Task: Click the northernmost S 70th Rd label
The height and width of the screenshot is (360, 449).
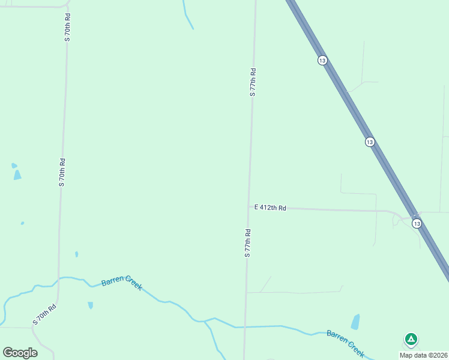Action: [x=68, y=27]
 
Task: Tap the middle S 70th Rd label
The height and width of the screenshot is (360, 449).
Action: [x=62, y=172]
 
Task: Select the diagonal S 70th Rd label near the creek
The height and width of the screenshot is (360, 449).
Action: [x=44, y=314]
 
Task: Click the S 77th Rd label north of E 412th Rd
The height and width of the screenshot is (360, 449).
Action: [x=253, y=82]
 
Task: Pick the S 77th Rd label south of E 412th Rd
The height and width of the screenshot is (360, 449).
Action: [x=247, y=243]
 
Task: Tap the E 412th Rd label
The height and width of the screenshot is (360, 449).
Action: [x=270, y=208]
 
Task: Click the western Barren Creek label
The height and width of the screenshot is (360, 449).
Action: [x=122, y=284]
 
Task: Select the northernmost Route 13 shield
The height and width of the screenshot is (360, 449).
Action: [x=322, y=61]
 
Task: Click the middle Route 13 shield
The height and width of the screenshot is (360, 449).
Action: [x=370, y=142]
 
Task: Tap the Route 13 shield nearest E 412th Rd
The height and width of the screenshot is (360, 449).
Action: [x=417, y=223]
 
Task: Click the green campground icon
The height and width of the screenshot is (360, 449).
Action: [x=411, y=340]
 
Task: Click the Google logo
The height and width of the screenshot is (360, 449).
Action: [x=20, y=353]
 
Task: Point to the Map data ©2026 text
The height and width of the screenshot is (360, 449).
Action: [x=423, y=355]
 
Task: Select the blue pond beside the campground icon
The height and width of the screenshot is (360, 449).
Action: [x=355, y=322]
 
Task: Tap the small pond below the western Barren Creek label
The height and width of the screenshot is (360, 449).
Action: [x=91, y=305]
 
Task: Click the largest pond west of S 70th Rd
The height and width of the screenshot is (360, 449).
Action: [x=17, y=175]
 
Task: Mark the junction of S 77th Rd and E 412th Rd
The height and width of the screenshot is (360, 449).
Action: [x=249, y=207]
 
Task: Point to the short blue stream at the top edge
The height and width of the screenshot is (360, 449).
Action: [x=187, y=15]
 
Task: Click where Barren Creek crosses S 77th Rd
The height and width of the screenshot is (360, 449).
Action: [x=245, y=327]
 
